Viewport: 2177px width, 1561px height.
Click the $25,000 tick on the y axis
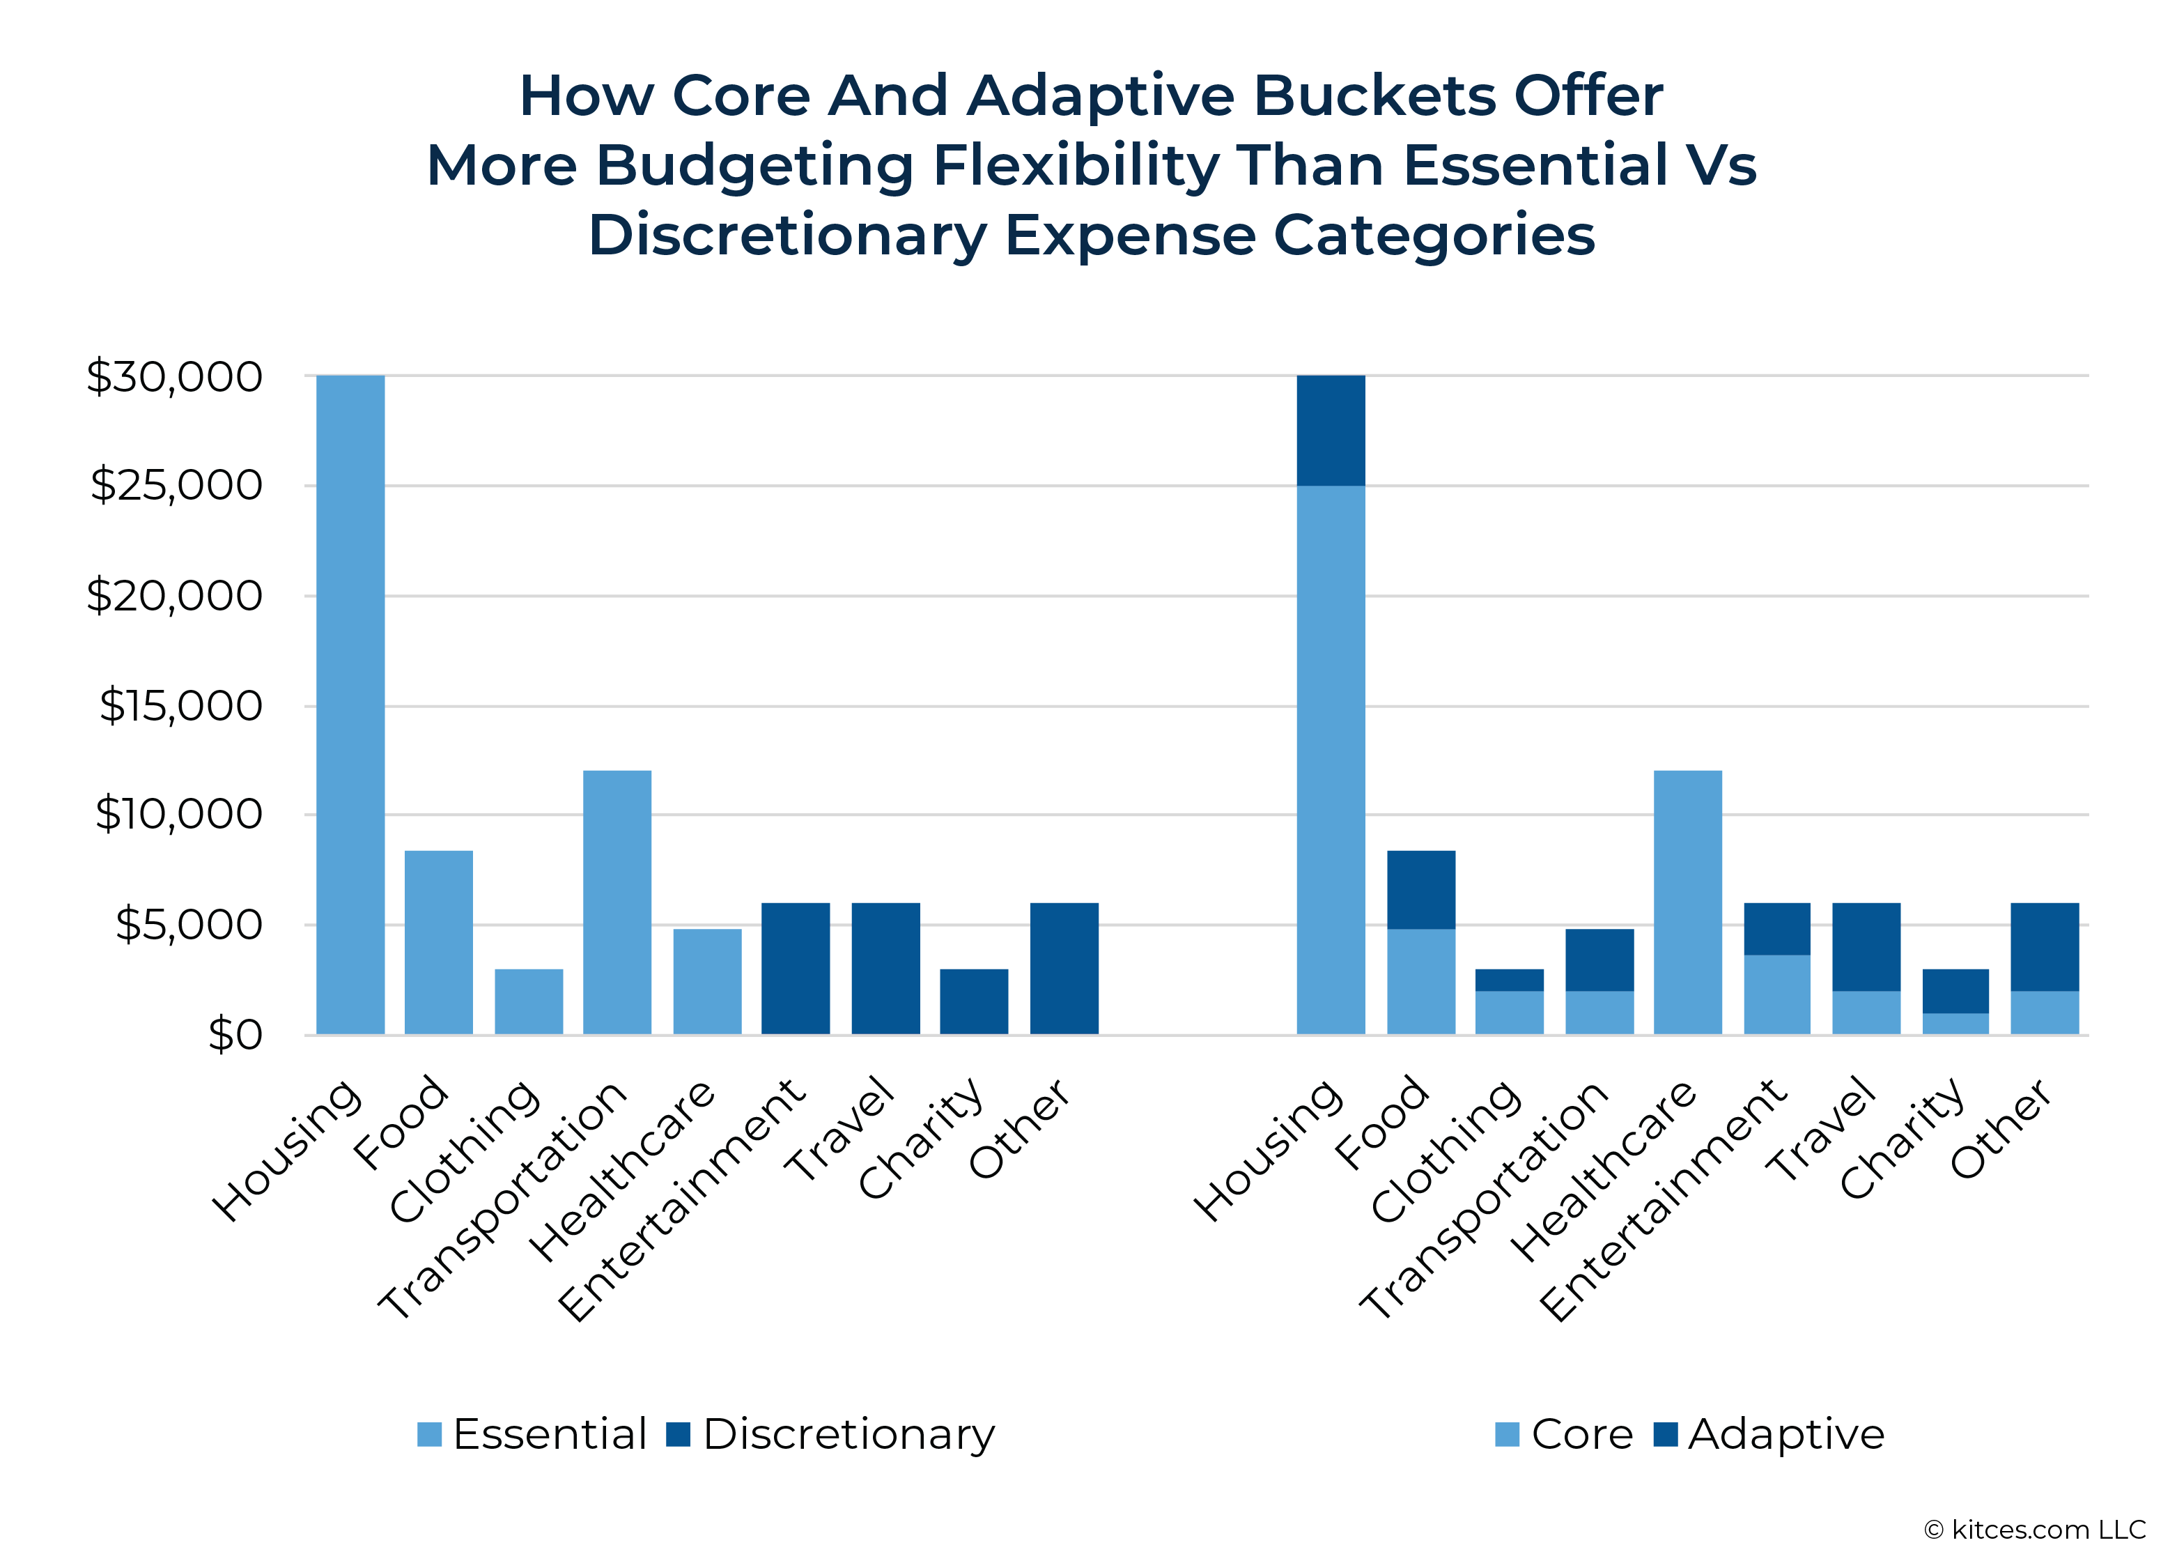[x=176, y=486]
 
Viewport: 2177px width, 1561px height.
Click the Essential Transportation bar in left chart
[x=617, y=902]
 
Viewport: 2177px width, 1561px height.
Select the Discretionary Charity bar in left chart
[x=975, y=1001]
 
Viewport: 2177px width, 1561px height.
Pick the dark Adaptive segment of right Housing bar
[x=1331, y=430]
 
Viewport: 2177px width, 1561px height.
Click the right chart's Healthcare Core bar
[x=1687, y=902]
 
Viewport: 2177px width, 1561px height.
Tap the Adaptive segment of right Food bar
[x=1420, y=890]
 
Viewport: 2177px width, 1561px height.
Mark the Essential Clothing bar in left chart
[x=529, y=1001]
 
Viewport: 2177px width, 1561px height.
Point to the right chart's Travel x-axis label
[x=1821, y=1131]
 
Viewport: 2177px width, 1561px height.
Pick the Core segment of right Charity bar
[x=1955, y=1024]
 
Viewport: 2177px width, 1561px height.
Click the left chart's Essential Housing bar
[x=350, y=706]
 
